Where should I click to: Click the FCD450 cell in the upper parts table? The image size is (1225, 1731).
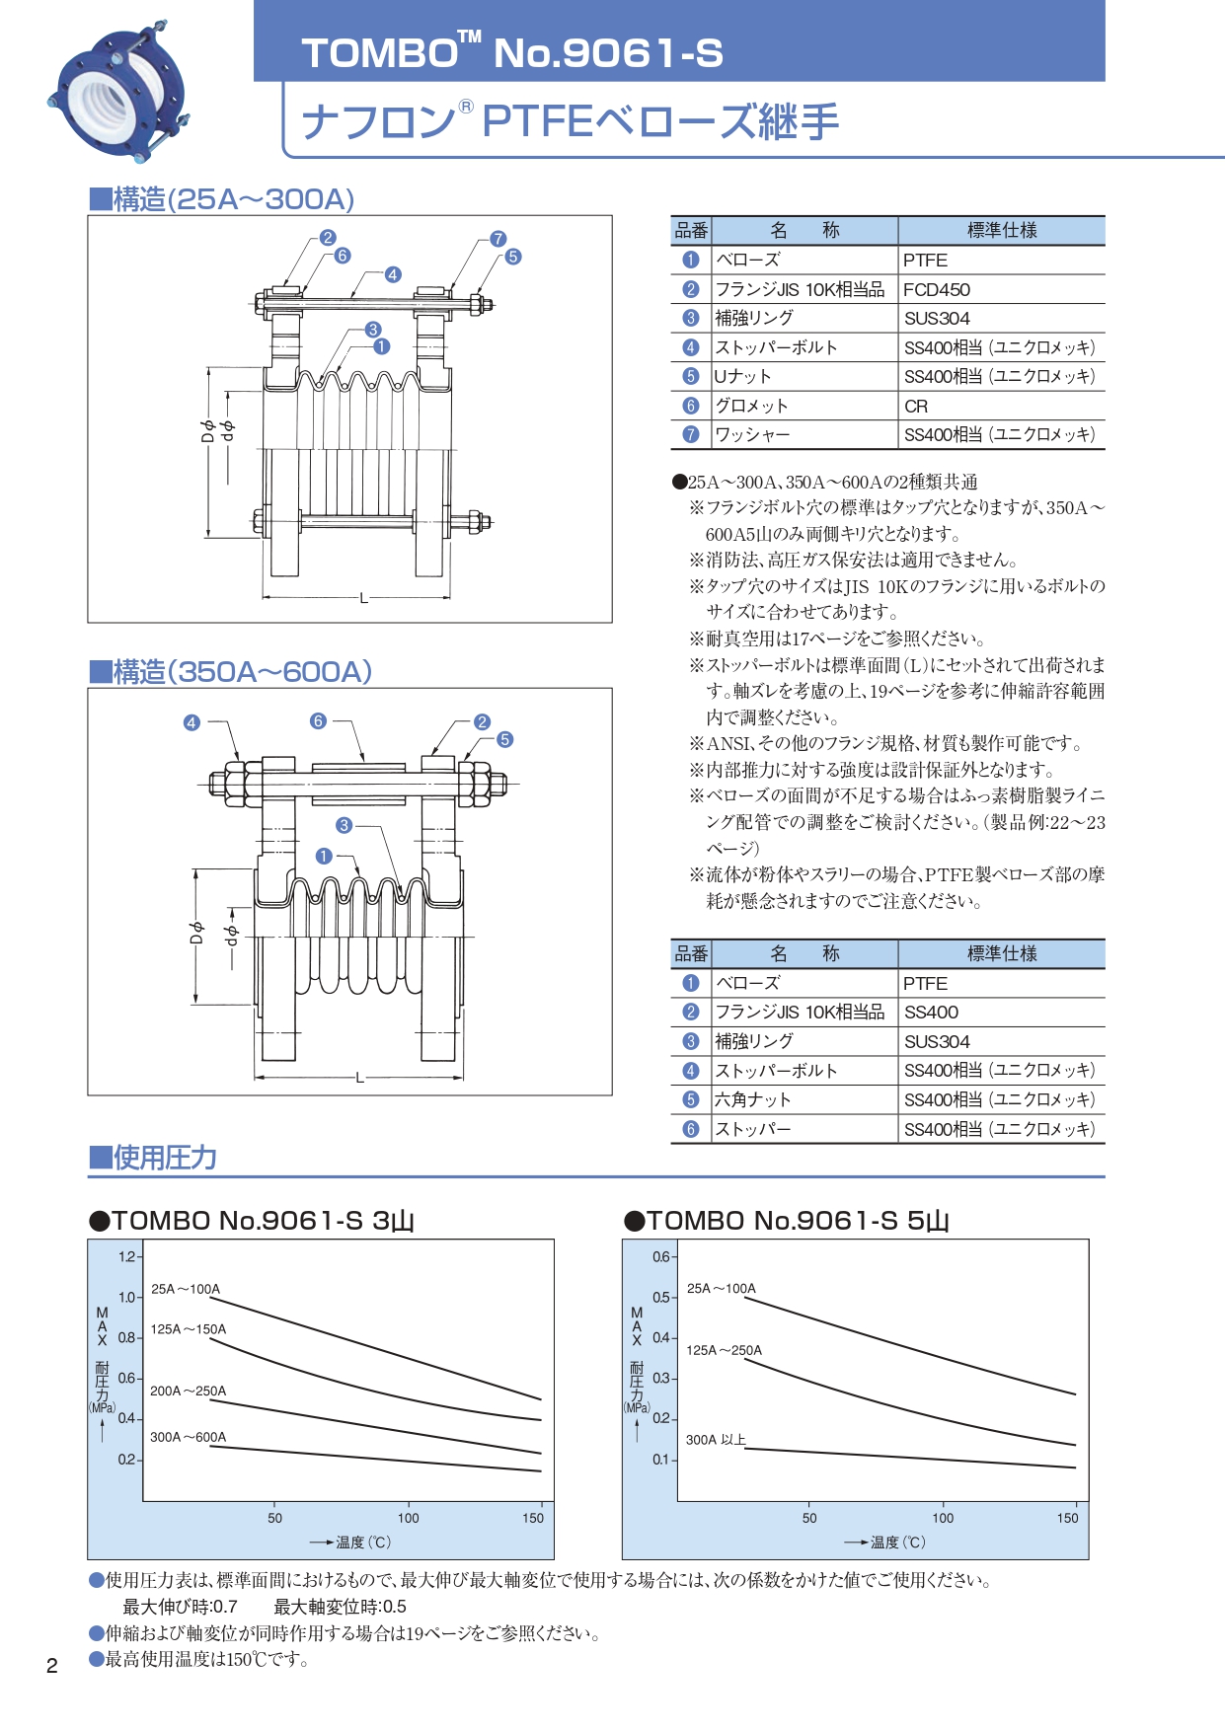[937, 289]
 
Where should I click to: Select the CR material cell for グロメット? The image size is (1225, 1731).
[916, 406]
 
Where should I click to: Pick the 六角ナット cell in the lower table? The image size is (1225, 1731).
[752, 1099]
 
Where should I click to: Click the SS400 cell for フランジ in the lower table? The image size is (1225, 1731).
[931, 1012]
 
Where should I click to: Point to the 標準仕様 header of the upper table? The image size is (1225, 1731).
[1001, 230]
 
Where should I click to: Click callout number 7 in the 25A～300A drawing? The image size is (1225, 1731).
[498, 238]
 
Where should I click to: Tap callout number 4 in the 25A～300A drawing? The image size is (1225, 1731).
[393, 274]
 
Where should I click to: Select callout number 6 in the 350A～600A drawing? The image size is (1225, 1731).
[318, 721]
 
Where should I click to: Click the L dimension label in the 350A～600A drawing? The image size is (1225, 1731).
[359, 1077]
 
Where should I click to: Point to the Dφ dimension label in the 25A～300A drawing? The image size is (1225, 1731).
[207, 431]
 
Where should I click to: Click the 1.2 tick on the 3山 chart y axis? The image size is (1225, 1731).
[127, 1256]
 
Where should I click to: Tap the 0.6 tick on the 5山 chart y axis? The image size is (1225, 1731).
[661, 1256]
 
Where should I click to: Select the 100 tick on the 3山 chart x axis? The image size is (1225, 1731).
[408, 1518]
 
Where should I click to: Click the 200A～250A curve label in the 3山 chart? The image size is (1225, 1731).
[188, 1391]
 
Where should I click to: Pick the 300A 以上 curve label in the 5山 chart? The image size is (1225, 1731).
[716, 1440]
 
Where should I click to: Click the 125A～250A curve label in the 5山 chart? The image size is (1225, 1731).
[724, 1350]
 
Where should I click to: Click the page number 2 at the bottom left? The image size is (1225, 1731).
[52, 1666]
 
